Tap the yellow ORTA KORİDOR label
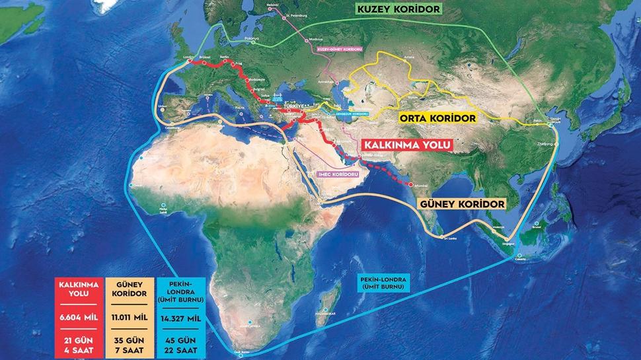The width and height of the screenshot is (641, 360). tap(437, 119)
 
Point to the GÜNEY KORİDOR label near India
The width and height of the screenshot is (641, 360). tap(463, 205)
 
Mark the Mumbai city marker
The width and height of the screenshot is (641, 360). tap(411, 184)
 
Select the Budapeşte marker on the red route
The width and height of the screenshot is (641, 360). tap(248, 80)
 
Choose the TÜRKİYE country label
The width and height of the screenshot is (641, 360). tap(293, 107)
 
